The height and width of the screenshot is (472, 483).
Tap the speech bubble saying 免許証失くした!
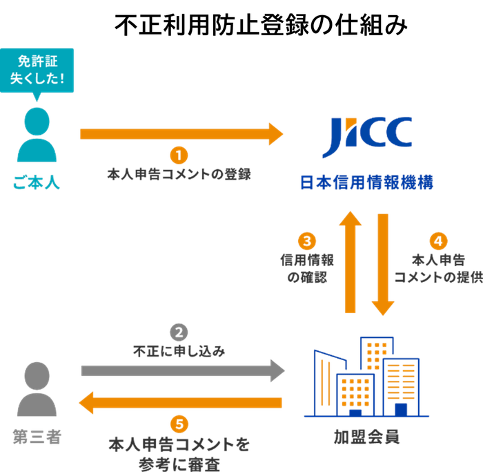pos(37,70)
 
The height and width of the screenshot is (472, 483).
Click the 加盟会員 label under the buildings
pos(366,438)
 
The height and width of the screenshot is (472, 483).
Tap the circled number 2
pos(179,332)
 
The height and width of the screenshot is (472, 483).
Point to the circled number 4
pos(437,241)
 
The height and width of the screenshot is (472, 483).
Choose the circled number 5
pos(179,424)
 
